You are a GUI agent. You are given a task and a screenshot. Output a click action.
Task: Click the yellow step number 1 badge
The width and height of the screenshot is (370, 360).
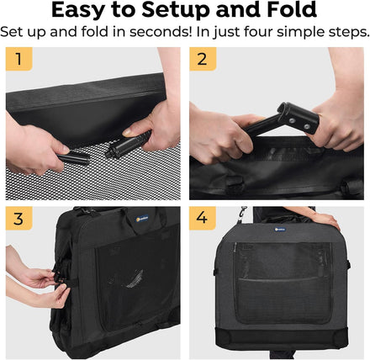click(18, 59)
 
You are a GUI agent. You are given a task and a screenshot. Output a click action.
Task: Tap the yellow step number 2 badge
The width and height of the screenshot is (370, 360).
click(203, 59)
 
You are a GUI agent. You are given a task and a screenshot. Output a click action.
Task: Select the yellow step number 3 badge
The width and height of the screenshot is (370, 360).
click(18, 219)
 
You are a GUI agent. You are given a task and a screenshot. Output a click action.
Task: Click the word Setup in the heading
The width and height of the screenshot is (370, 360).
click(176, 11)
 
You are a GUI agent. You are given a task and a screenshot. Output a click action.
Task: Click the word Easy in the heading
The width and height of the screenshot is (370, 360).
click(77, 11)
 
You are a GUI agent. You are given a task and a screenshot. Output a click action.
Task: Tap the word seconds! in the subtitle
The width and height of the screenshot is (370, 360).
click(161, 32)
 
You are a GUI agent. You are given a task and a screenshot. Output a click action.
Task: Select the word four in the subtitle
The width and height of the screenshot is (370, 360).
click(258, 32)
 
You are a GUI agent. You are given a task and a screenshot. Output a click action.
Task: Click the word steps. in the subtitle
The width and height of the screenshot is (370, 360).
click(347, 32)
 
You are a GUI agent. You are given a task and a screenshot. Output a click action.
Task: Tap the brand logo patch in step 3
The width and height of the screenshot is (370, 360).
click(142, 219)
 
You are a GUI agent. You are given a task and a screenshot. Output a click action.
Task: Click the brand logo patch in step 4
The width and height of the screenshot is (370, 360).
click(280, 230)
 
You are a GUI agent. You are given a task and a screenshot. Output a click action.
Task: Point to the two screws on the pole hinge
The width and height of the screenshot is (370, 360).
click(299, 123)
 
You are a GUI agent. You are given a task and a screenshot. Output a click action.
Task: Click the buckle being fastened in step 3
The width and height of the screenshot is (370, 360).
click(60, 278)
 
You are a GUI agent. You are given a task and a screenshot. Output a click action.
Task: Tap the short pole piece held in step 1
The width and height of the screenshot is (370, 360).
click(74, 159)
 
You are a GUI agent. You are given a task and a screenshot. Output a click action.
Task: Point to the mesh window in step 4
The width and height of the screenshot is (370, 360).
click(283, 283)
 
